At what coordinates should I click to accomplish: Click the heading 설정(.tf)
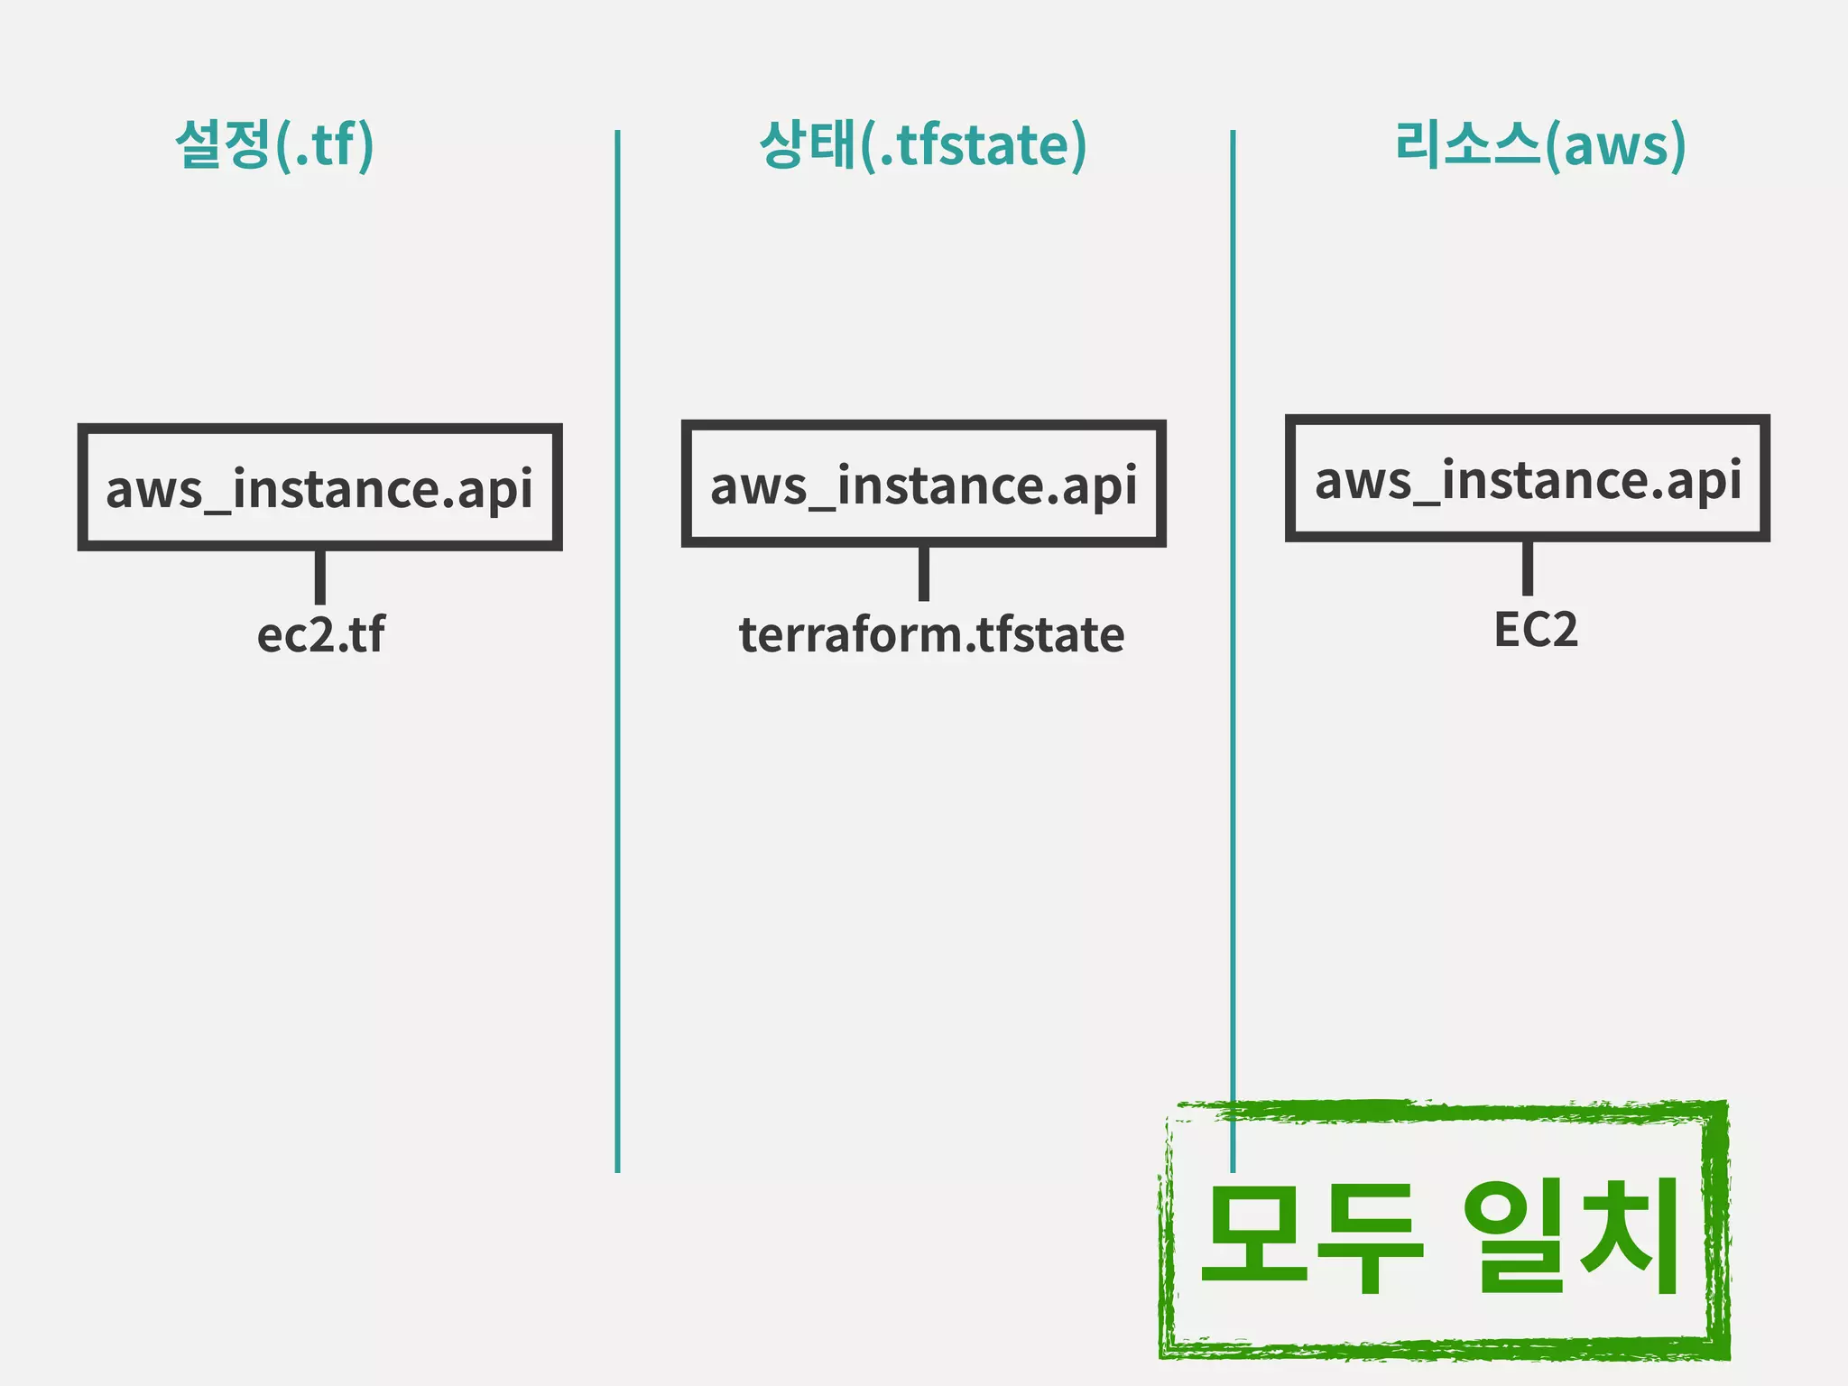coord(274,144)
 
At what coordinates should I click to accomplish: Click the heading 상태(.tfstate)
coord(923,144)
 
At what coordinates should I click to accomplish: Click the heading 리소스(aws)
coord(1539,144)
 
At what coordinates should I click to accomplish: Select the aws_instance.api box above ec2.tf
coord(319,487)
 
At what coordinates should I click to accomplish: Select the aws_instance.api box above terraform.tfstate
coord(923,484)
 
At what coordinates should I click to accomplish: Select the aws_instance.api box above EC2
coord(1527,478)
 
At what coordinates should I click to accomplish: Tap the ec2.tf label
coord(320,634)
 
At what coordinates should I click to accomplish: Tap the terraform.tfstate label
coord(931,634)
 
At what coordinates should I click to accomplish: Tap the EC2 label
coord(1535,629)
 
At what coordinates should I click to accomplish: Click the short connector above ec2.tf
coord(319,577)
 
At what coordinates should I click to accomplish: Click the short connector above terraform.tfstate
coord(923,573)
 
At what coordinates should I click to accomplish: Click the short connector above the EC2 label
coord(1527,568)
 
